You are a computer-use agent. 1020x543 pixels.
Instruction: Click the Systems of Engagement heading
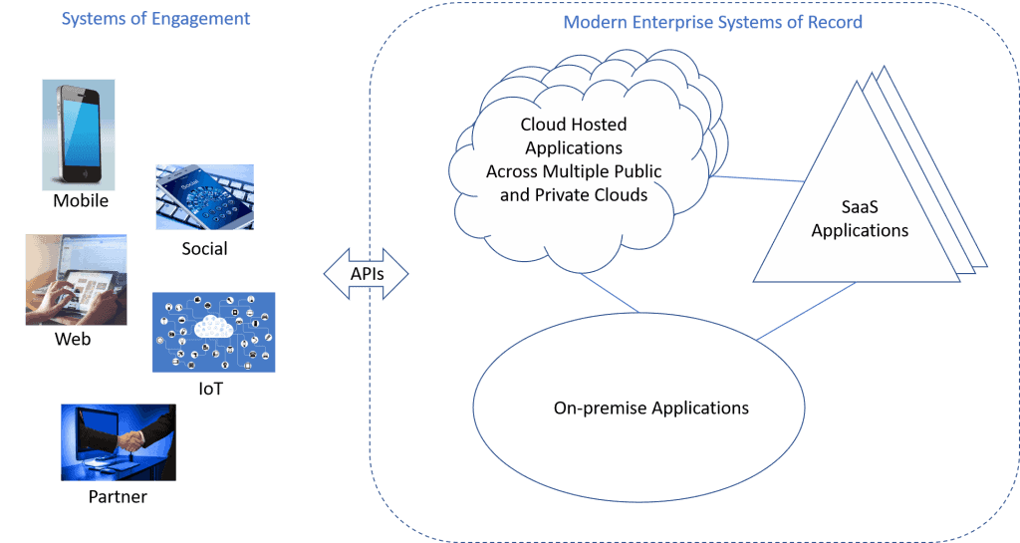click(x=155, y=19)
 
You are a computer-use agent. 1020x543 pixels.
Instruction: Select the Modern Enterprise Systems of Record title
click(x=712, y=22)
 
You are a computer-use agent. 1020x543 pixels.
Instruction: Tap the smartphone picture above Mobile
click(x=78, y=134)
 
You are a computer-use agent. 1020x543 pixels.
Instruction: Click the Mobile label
click(x=80, y=201)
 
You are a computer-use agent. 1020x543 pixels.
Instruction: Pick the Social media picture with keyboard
click(x=204, y=197)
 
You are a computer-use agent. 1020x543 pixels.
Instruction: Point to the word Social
click(x=204, y=248)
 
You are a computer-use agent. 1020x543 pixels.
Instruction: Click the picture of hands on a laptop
click(x=76, y=280)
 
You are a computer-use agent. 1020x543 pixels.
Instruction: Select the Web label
click(x=73, y=340)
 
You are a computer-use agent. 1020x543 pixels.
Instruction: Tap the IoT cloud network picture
click(x=213, y=332)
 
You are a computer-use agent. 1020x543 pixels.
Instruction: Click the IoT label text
click(x=210, y=389)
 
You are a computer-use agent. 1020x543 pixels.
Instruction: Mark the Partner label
click(x=118, y=496)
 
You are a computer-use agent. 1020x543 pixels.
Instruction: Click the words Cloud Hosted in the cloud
click(x=573, y=125)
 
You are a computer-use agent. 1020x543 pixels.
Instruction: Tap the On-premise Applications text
click(x=650, y=408)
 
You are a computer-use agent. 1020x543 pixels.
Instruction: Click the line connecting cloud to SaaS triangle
click(x=757, y=179)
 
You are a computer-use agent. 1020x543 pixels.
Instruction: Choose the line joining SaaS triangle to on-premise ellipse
click(x=807, y=311)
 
